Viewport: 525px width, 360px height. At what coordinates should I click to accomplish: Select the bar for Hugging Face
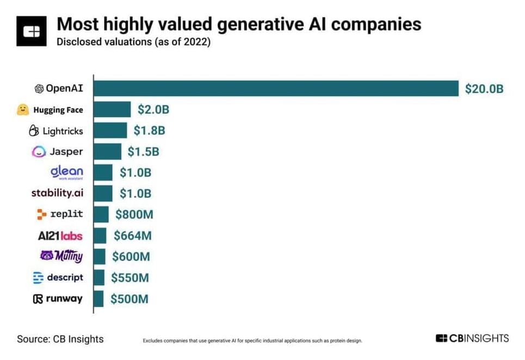coord(113,109)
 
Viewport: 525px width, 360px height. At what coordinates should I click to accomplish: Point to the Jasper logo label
coord(58,152)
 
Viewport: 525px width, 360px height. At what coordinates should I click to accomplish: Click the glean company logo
coord(66,172)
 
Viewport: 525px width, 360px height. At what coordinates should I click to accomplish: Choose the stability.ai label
coord(57,193)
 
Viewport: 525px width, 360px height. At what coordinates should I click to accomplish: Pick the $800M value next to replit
coord(134,214)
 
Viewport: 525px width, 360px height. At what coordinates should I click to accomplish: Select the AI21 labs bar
coord(100,235)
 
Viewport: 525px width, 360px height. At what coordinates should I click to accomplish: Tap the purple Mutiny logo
coord(61,256)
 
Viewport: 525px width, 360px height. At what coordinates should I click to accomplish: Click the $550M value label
coord(129,277)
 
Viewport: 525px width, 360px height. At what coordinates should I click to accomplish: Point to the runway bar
coord(98,299)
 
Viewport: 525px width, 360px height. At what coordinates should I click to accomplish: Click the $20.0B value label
coord(484,89)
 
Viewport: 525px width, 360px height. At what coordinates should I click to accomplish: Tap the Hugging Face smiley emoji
coord(22,109)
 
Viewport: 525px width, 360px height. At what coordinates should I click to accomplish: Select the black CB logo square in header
coord(32,32)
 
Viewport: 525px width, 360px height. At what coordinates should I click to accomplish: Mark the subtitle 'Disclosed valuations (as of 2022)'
coord(133,42)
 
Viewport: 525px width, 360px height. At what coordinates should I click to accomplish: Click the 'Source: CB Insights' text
coord(60,339)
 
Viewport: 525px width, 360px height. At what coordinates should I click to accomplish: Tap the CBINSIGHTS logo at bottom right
coord(472,338)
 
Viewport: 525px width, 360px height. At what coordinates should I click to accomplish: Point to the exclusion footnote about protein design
coord(252,341)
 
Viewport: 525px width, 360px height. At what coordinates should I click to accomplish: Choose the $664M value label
coord(132,235)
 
